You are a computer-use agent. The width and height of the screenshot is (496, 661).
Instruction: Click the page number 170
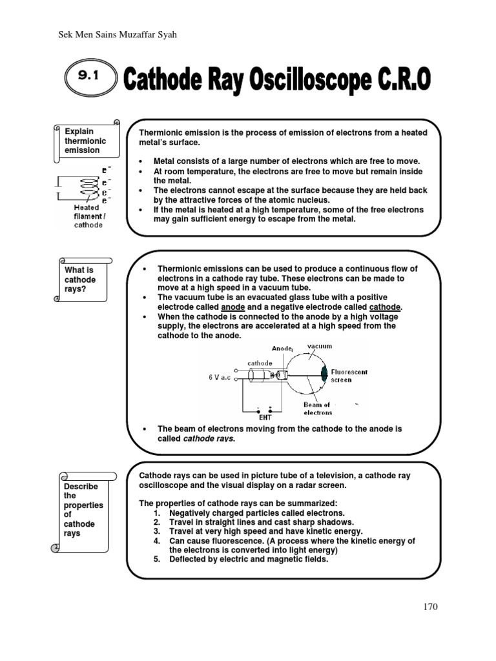[429, 606]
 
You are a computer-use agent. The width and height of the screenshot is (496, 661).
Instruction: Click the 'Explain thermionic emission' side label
[85, 141]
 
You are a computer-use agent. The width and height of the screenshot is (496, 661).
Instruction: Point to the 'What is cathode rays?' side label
[80, 280]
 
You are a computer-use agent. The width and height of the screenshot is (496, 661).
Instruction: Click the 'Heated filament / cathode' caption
[87, 216]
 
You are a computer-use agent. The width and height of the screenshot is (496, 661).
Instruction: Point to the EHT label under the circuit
[265, 418]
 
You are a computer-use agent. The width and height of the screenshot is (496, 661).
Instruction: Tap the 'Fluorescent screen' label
[349, 376]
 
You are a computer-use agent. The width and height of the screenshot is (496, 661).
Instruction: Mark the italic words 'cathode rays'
[210, 438]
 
